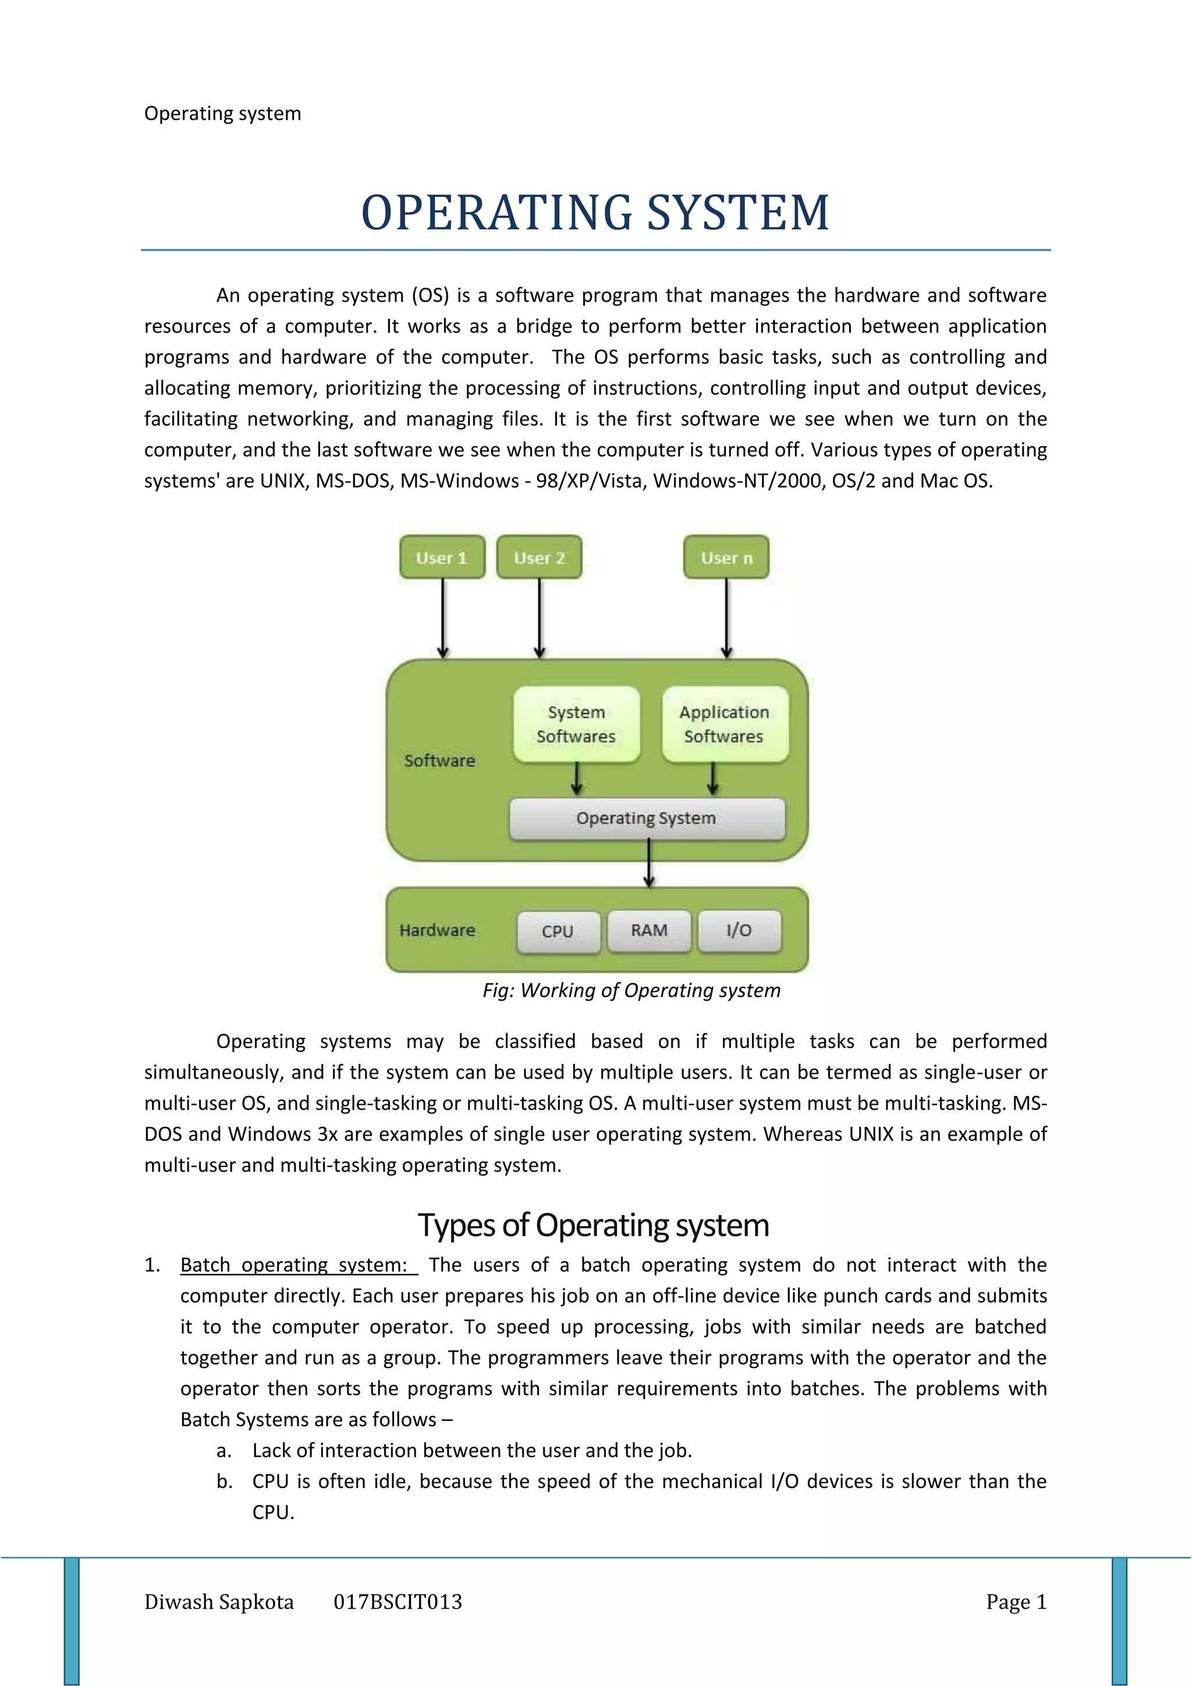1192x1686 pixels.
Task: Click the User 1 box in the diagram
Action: [x=442, y=557]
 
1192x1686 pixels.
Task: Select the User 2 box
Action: [x=540, y=557]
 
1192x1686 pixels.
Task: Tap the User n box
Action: [x=726, y=557]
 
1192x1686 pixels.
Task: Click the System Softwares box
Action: [x=576, y=724]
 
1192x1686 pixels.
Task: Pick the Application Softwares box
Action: [x=725, y=724]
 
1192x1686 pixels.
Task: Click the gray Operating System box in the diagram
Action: [x=647, y=818]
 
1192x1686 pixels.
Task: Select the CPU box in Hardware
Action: [x=558, y=931]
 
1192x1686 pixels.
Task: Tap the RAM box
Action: [x=650, y=931]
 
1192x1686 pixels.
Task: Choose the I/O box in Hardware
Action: [x=739, y=931]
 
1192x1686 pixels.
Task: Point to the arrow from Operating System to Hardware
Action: [x=649, y=864]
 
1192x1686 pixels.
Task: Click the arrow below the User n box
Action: [x=726, y=617]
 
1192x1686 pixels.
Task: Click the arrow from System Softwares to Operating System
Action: [x=577, y=779]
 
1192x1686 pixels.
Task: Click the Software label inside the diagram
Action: [x=439, y=761]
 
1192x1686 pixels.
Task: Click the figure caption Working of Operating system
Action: [x=632, y=991]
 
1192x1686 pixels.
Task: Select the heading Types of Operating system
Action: [x=594, y=1225]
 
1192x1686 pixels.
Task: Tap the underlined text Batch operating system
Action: [x=295, y=1266]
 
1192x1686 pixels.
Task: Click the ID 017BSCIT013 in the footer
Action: [x=398, y=1602]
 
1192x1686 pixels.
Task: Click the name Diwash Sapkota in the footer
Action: [x=219, y=1602]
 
